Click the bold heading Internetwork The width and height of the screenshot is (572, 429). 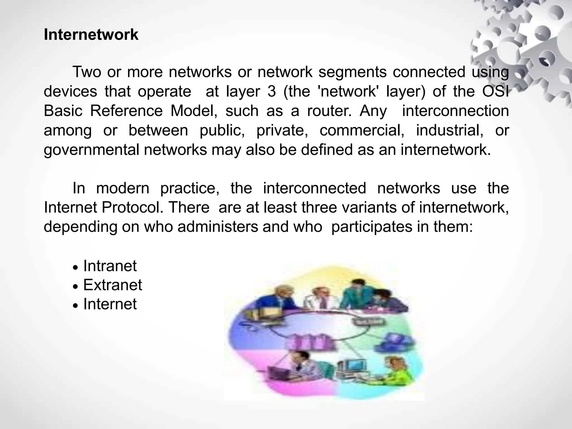(91, 35)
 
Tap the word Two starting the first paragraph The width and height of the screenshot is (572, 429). (87, 72)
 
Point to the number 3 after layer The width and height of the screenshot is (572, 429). (271, 92)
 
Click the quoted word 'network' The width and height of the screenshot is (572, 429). (348, 92)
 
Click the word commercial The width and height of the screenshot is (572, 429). (362, 130)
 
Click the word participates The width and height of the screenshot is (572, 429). (371, 227)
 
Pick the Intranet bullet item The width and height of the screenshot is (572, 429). (110, 266)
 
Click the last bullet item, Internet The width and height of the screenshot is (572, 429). (110, 304)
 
